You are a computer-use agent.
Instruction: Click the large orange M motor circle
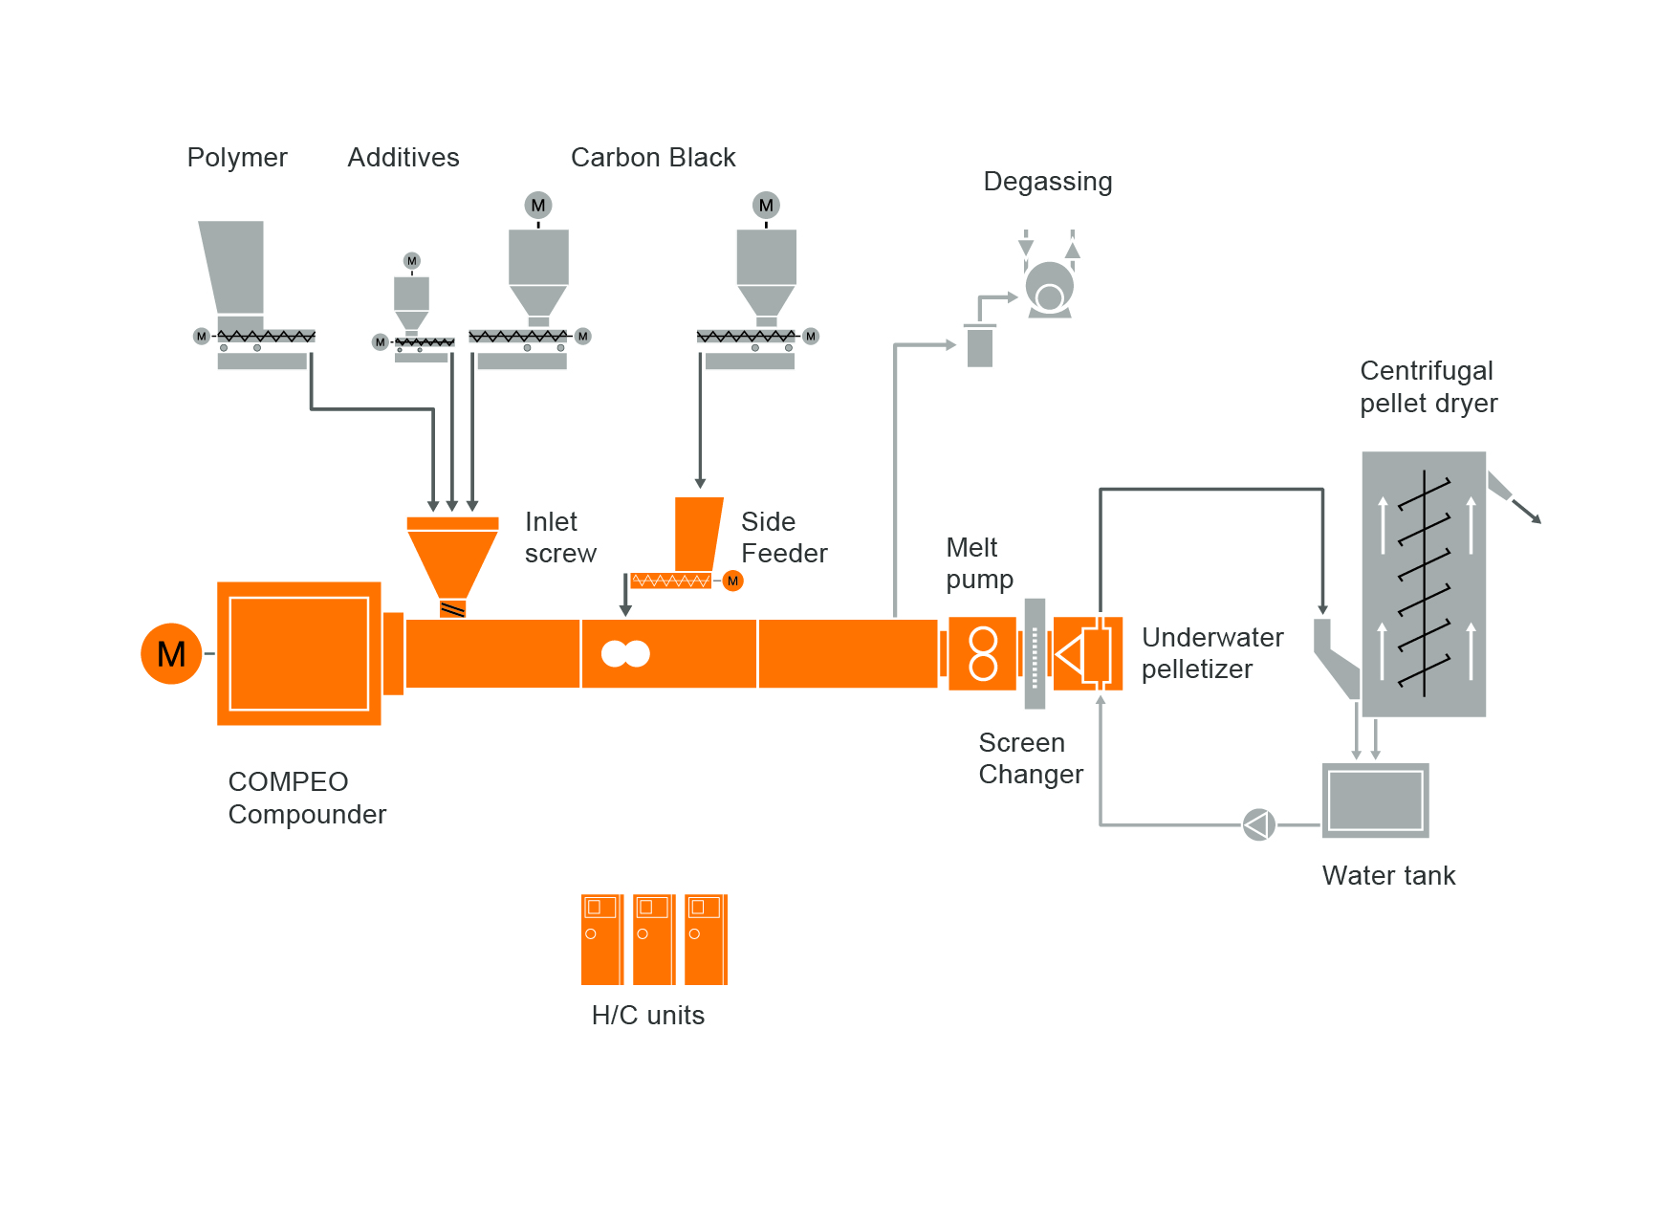(171, 654)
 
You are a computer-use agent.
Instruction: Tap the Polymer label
(237, 158)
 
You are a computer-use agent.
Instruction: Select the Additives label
(403, 158)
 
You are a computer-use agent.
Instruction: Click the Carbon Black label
(653, 158)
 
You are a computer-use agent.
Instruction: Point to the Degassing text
(1048, 182)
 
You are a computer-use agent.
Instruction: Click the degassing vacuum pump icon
(1049, 287)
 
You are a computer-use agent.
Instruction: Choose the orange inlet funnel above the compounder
(452, 559)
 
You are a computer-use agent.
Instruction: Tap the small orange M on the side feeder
(733, 581)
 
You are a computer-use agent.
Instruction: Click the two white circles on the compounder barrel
(625, 653)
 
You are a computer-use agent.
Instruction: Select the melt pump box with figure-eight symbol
(982, 653)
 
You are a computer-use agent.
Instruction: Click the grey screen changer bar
(1035, 653)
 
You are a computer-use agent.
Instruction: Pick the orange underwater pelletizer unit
(1088, 653)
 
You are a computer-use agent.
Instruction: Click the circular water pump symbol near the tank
(1258, 824)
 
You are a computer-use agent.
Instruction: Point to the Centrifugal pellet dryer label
(1428, 387)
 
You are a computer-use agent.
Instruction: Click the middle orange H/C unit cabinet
(654, 939)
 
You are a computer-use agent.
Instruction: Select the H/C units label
(648, 1016)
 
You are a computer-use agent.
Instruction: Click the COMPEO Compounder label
(307, 799)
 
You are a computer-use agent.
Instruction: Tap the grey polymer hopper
(232, 268)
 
